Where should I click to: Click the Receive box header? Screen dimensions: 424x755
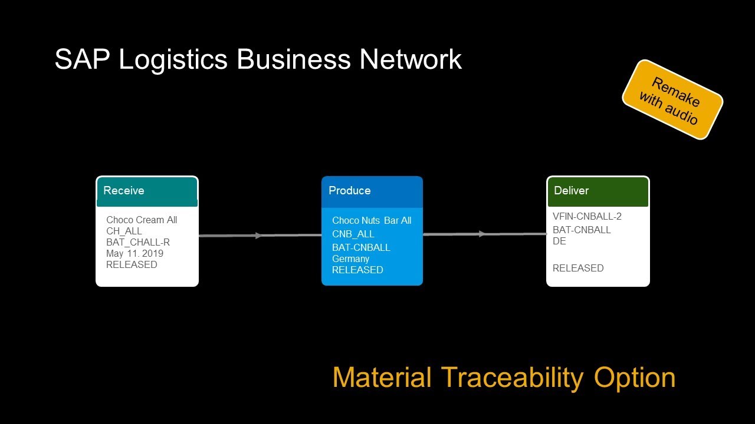click(147, 191)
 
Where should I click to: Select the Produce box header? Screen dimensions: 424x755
click(372, 191)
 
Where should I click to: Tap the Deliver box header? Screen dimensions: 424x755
click(598, 191)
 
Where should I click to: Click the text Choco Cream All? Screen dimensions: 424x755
click(142, 220)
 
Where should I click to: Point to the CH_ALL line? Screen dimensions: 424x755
click(124, 231)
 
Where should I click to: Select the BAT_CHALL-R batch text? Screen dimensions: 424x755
click(138, 242)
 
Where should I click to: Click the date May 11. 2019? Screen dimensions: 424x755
click(134, 253)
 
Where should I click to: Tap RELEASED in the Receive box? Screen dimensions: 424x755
click(132, 264)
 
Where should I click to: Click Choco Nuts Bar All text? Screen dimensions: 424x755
click(372, 220)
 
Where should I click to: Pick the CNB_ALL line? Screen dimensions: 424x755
click(353, 234)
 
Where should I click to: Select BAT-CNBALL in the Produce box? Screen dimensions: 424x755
click(361, 247)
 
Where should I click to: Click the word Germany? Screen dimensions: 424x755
click(350, 259)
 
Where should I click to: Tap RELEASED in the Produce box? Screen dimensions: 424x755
click(357, 270)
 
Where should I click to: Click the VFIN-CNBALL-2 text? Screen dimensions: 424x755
click(587, 216)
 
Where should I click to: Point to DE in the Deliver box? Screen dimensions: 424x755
click(559, 241)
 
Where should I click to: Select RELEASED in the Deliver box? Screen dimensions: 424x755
click(578, 268)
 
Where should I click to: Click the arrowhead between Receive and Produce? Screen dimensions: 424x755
click(258, 236)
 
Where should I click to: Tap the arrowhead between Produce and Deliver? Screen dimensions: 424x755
click(482, 234)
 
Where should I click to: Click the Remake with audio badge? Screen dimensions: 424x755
click(672, 100)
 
